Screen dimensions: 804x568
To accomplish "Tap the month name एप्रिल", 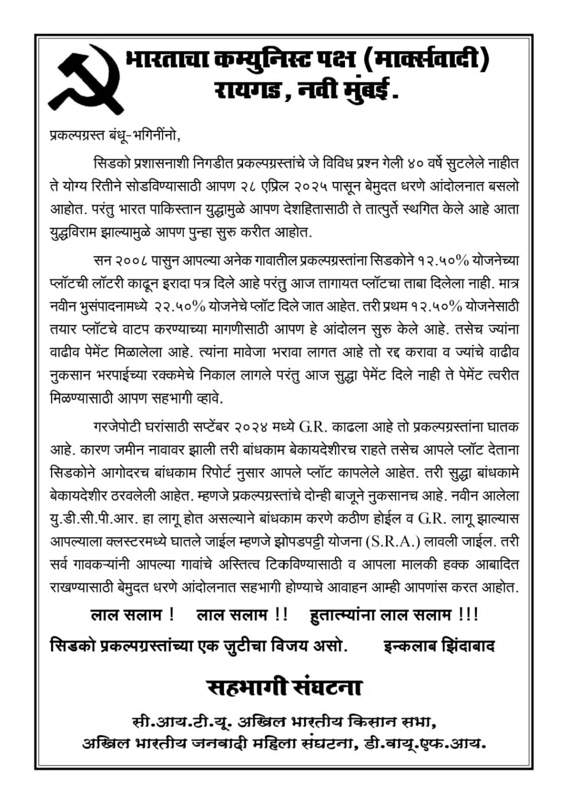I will click(285, 187).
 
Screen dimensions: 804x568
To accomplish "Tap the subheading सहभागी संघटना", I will click(284, 688).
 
